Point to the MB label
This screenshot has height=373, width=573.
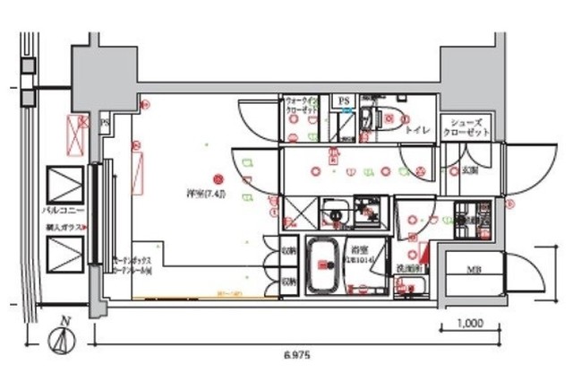[471, 267]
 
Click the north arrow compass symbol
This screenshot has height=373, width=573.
[61, 339]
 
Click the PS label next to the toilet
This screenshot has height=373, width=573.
[344, 101]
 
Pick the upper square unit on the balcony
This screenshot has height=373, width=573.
[62, 185]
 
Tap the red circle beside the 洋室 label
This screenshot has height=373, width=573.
[217, 178]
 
